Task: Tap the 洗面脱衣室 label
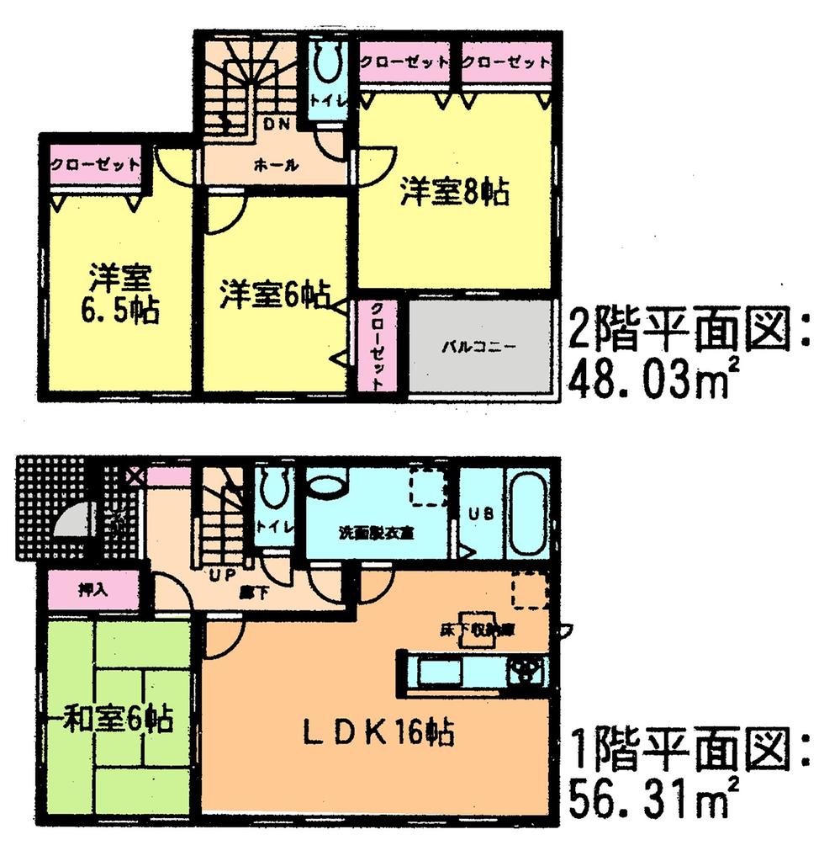pos(379,532)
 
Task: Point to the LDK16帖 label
pos(378,731)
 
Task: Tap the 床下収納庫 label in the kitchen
pos(469,628)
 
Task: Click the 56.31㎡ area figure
pos(647,796)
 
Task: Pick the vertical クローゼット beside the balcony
pos(375,345)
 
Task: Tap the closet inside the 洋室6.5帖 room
pos(93,164)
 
